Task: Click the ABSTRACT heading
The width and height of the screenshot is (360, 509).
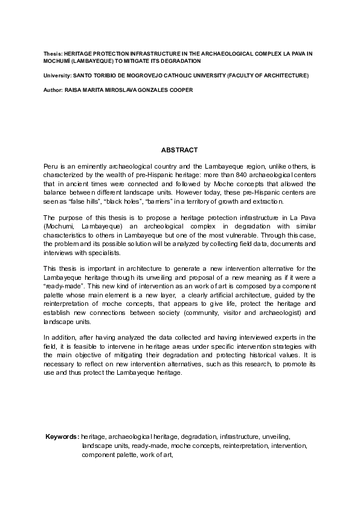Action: tap(179, 149)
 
